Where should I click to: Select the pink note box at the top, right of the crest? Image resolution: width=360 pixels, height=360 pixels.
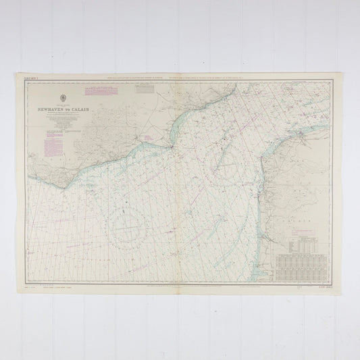96,89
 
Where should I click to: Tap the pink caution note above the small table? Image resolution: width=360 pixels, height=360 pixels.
304,230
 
